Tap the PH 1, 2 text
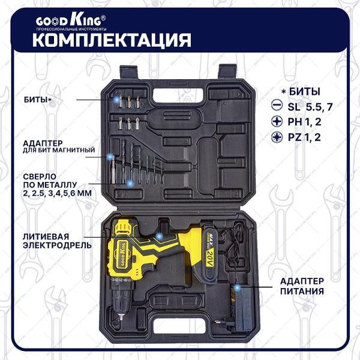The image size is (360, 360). pos(310,122)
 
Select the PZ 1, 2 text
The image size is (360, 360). pos(310,137)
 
